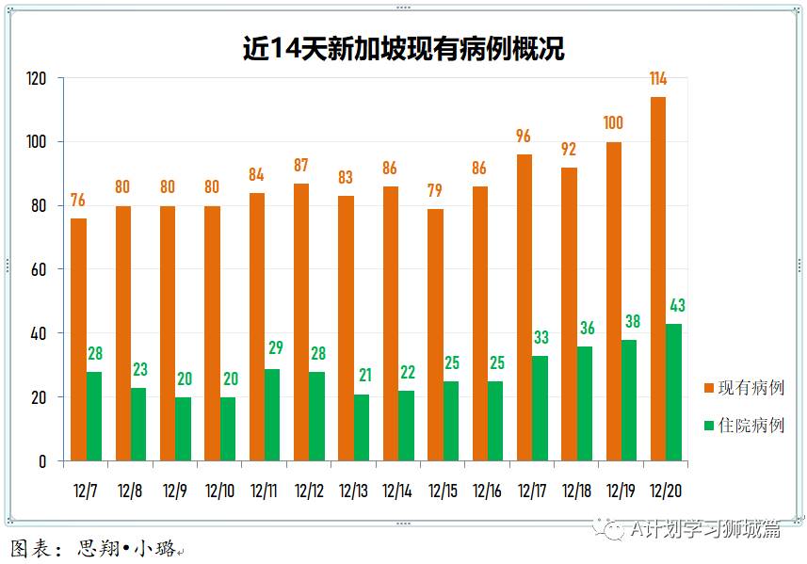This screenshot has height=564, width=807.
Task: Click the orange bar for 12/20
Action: [x=657, y=279]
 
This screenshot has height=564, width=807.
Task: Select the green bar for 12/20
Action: [x=674, y=393]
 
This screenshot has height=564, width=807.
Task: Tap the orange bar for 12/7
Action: [x=78, y=340]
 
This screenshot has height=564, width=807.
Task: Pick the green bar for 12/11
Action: [x=272, y=414]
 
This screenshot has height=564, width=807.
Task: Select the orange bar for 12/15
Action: [x=435, y=334]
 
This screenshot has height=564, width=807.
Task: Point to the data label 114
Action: [x=658, y=78]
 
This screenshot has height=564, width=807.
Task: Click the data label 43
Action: [x=676, y=305]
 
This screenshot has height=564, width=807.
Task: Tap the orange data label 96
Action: [x=524, y=137]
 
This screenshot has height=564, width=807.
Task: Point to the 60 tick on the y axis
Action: [x=39, y=269]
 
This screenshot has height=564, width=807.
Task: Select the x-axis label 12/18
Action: [x=576, y=491]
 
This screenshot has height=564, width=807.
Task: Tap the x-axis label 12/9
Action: [x=174, y=491]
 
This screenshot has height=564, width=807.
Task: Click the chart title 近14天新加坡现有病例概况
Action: [x=403, y=49]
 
